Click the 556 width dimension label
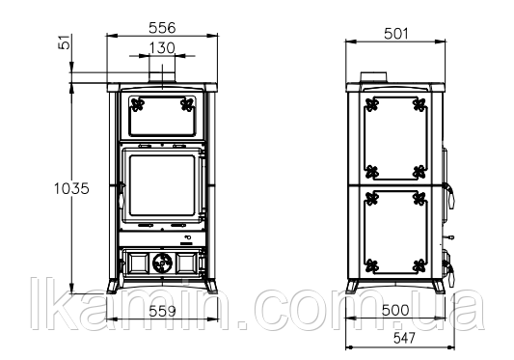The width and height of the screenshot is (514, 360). (162, 28)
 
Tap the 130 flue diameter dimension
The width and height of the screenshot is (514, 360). (162, 48)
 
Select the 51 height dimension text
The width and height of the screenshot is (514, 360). (65, 42)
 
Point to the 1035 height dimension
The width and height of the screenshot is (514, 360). (71, 189)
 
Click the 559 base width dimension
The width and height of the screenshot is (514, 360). (162, 311)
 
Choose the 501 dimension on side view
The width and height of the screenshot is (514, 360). (396, 34)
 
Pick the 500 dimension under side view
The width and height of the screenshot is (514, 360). (395, 310)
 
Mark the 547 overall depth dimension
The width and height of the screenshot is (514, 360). (404, 338)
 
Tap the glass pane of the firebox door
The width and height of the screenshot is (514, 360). (162, 185)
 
